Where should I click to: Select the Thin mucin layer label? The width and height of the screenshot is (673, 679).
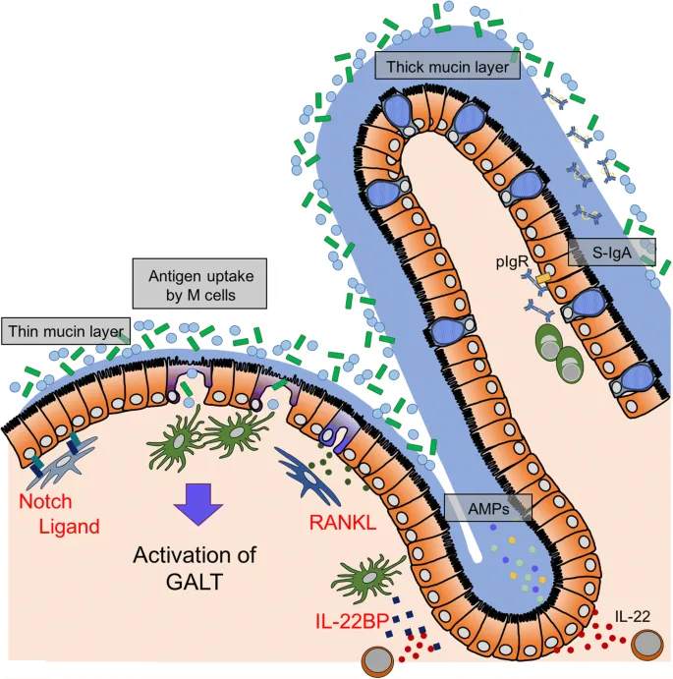click(64, 331)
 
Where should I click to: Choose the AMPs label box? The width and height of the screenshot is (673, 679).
click(488, 508)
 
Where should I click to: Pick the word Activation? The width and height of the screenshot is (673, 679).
click(194, 555)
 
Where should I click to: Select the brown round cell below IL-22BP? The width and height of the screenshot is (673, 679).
click(378, 660)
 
